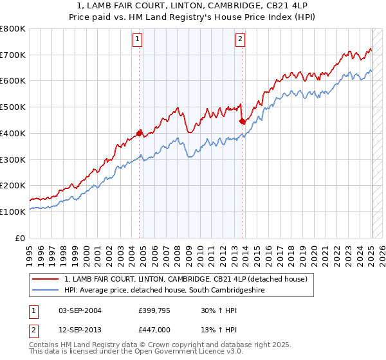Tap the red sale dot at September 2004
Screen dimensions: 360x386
(140, 133)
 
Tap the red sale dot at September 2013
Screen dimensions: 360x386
(242, 121)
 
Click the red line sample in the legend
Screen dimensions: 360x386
(46, 279)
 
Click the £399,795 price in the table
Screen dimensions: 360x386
(154, 310)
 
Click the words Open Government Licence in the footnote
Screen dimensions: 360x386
(193, 352)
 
